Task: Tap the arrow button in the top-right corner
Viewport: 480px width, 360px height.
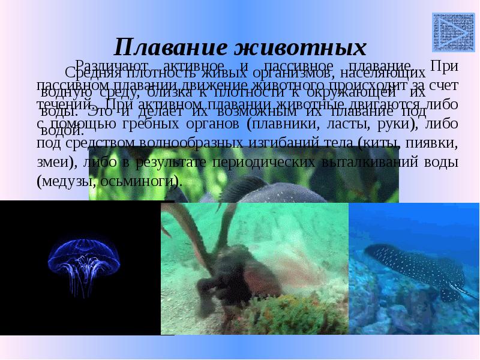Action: click(x=445, y=27)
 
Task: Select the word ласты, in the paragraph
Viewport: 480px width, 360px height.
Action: click(x=347, y=124)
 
